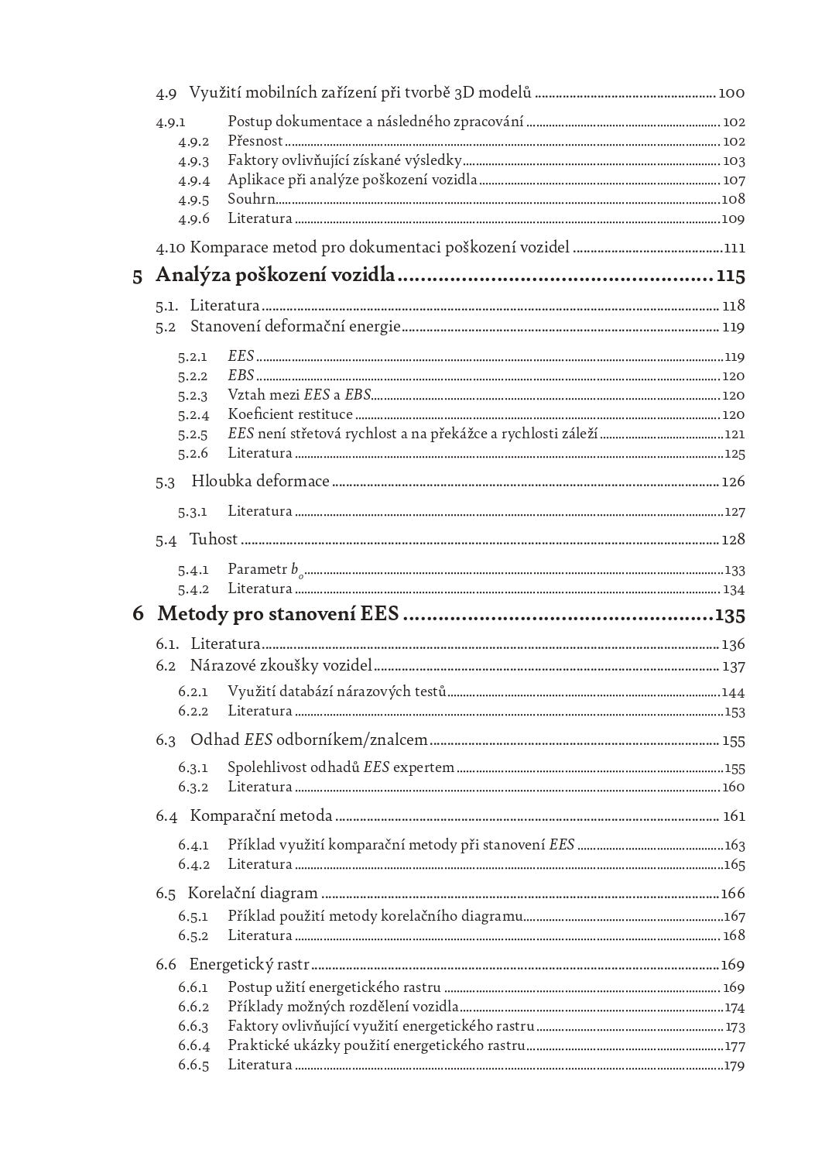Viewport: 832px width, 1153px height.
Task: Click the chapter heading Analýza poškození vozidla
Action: [276, 276]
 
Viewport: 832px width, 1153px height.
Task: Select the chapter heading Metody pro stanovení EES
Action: [278, 614]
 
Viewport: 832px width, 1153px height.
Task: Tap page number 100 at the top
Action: [731, 93]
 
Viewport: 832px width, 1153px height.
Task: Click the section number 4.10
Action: [171, 249]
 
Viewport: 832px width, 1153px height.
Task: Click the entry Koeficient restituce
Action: [290, 414]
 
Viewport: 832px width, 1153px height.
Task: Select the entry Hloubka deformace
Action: [260, 482]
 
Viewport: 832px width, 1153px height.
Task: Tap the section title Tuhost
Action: [214, 540]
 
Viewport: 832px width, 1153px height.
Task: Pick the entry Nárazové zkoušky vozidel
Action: [281, 666]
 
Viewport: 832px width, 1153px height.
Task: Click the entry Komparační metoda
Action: [261, 816]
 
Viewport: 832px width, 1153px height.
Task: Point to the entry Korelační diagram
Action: [253, 894]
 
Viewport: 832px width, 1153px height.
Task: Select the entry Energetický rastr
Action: [249, 965]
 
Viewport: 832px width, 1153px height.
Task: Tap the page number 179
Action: [734, 1065]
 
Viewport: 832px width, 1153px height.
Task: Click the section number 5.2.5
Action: [193, 434]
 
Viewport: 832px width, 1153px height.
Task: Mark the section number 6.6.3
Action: [193, 1027]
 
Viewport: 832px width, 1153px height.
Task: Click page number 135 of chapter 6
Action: [730, 615]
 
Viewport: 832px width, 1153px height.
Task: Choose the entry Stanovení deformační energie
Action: [295, 327]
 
